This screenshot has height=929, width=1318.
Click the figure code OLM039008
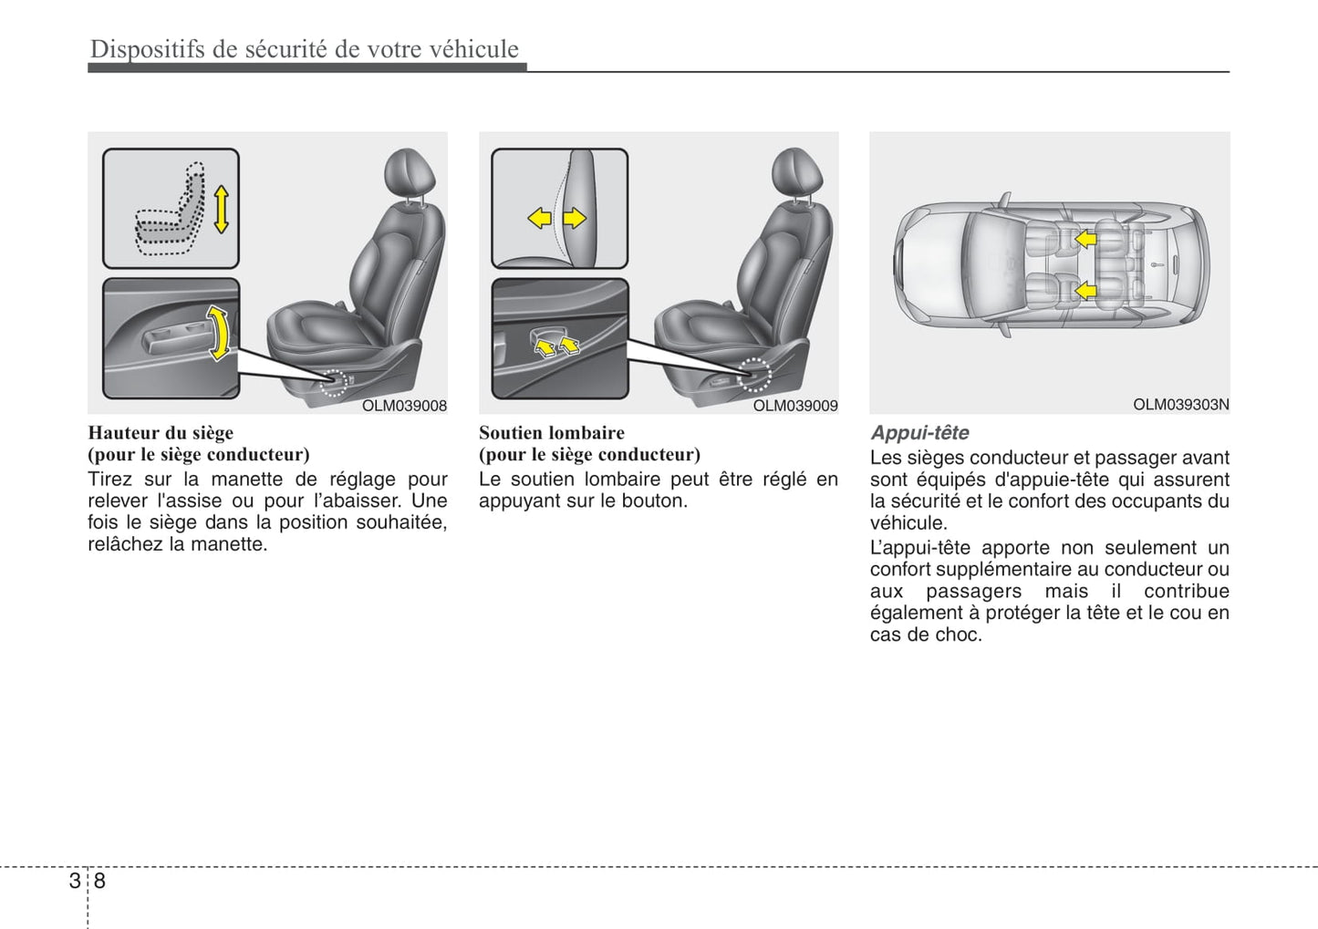tap(404, 406)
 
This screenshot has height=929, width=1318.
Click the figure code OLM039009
tap(794, 406)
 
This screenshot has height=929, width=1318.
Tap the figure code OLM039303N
tap(1180, 404)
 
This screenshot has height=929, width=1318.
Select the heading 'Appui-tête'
tap(919, 433)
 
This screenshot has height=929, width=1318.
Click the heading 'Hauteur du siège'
tap(161, 433)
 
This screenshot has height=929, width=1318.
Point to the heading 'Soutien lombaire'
tap(552, 433)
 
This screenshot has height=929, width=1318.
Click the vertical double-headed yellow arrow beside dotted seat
tap(221, 210)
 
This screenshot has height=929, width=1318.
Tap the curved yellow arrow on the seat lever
tap(218, 333)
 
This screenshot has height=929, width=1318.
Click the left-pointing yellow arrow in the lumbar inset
tap(540, 218)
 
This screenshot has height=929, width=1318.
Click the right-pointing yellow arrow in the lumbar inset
tap(574, 218)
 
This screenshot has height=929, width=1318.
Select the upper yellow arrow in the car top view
tap(1084, 239)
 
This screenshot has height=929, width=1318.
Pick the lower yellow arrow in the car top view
tap(1084, 291)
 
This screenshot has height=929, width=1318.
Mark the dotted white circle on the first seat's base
tap(335, 383)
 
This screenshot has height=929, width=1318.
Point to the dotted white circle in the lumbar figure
tap(753, 375)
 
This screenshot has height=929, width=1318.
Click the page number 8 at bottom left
tap(99, 881)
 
